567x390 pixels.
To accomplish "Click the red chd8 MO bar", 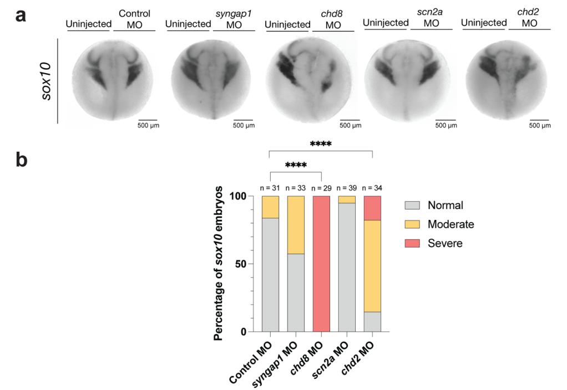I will [321, 264].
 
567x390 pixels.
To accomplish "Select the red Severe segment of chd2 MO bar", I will [372, 208].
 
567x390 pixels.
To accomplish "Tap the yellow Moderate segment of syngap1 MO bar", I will [296, 224].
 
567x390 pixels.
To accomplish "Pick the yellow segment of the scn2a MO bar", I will [347, 199].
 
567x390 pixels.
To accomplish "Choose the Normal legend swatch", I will [414, 205].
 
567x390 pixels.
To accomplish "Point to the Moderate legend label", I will [450, 224].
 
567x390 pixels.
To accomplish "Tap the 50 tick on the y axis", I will [241, 264].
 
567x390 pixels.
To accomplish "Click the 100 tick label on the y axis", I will [238, 196].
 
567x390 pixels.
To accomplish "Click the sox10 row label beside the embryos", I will [48, 80].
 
